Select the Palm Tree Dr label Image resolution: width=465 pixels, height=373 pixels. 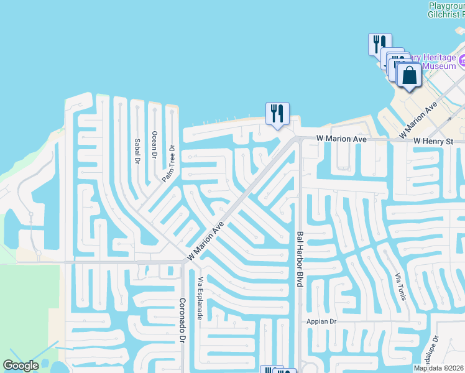pos(169,163)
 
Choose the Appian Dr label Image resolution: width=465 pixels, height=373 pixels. pos(321,321)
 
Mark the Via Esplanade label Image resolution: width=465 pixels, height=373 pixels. pos(200,298)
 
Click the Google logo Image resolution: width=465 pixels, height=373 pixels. pos(21,366)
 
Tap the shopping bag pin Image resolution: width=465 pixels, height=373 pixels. pos(409,76)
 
